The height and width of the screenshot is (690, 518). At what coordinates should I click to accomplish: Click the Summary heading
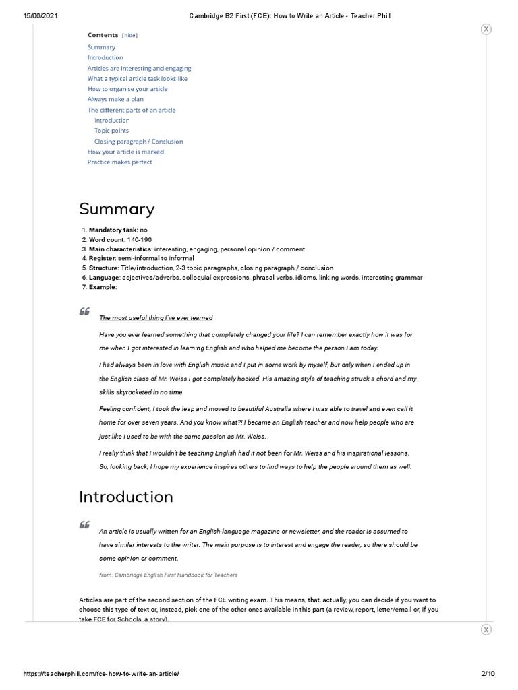tap(117, 209)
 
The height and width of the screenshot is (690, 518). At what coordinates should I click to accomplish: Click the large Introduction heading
tap(126, 497)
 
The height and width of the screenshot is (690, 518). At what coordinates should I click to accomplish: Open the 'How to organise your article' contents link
tap(127, 89)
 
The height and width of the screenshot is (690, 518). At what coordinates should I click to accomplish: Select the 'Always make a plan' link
tap(115, 99)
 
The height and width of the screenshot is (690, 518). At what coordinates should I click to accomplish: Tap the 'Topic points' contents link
tap(111, 131)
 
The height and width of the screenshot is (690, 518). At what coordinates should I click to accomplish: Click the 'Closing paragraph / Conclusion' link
tap(138, 142)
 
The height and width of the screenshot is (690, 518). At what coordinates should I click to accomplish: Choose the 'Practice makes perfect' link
tap(119, 162)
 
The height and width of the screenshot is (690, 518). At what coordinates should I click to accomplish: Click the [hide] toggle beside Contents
tap(129, 35)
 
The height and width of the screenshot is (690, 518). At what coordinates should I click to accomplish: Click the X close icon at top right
tap(486, 29)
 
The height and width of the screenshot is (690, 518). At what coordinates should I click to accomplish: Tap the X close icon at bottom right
tap(486, 629)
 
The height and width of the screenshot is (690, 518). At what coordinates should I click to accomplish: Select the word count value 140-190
tap(140, 240)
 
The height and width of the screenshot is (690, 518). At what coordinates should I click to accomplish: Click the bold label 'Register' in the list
tap(103, 259)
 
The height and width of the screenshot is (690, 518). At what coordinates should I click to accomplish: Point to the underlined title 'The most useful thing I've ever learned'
tap(156, 318)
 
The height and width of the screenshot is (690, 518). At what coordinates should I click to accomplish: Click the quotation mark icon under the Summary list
tap(84, 311)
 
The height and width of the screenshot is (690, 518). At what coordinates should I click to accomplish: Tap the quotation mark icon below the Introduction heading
tap(84, 525)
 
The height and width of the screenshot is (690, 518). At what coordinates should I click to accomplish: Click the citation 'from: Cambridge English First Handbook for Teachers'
tap(168, 575)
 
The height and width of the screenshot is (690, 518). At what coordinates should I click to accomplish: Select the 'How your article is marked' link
tap(125, 152)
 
